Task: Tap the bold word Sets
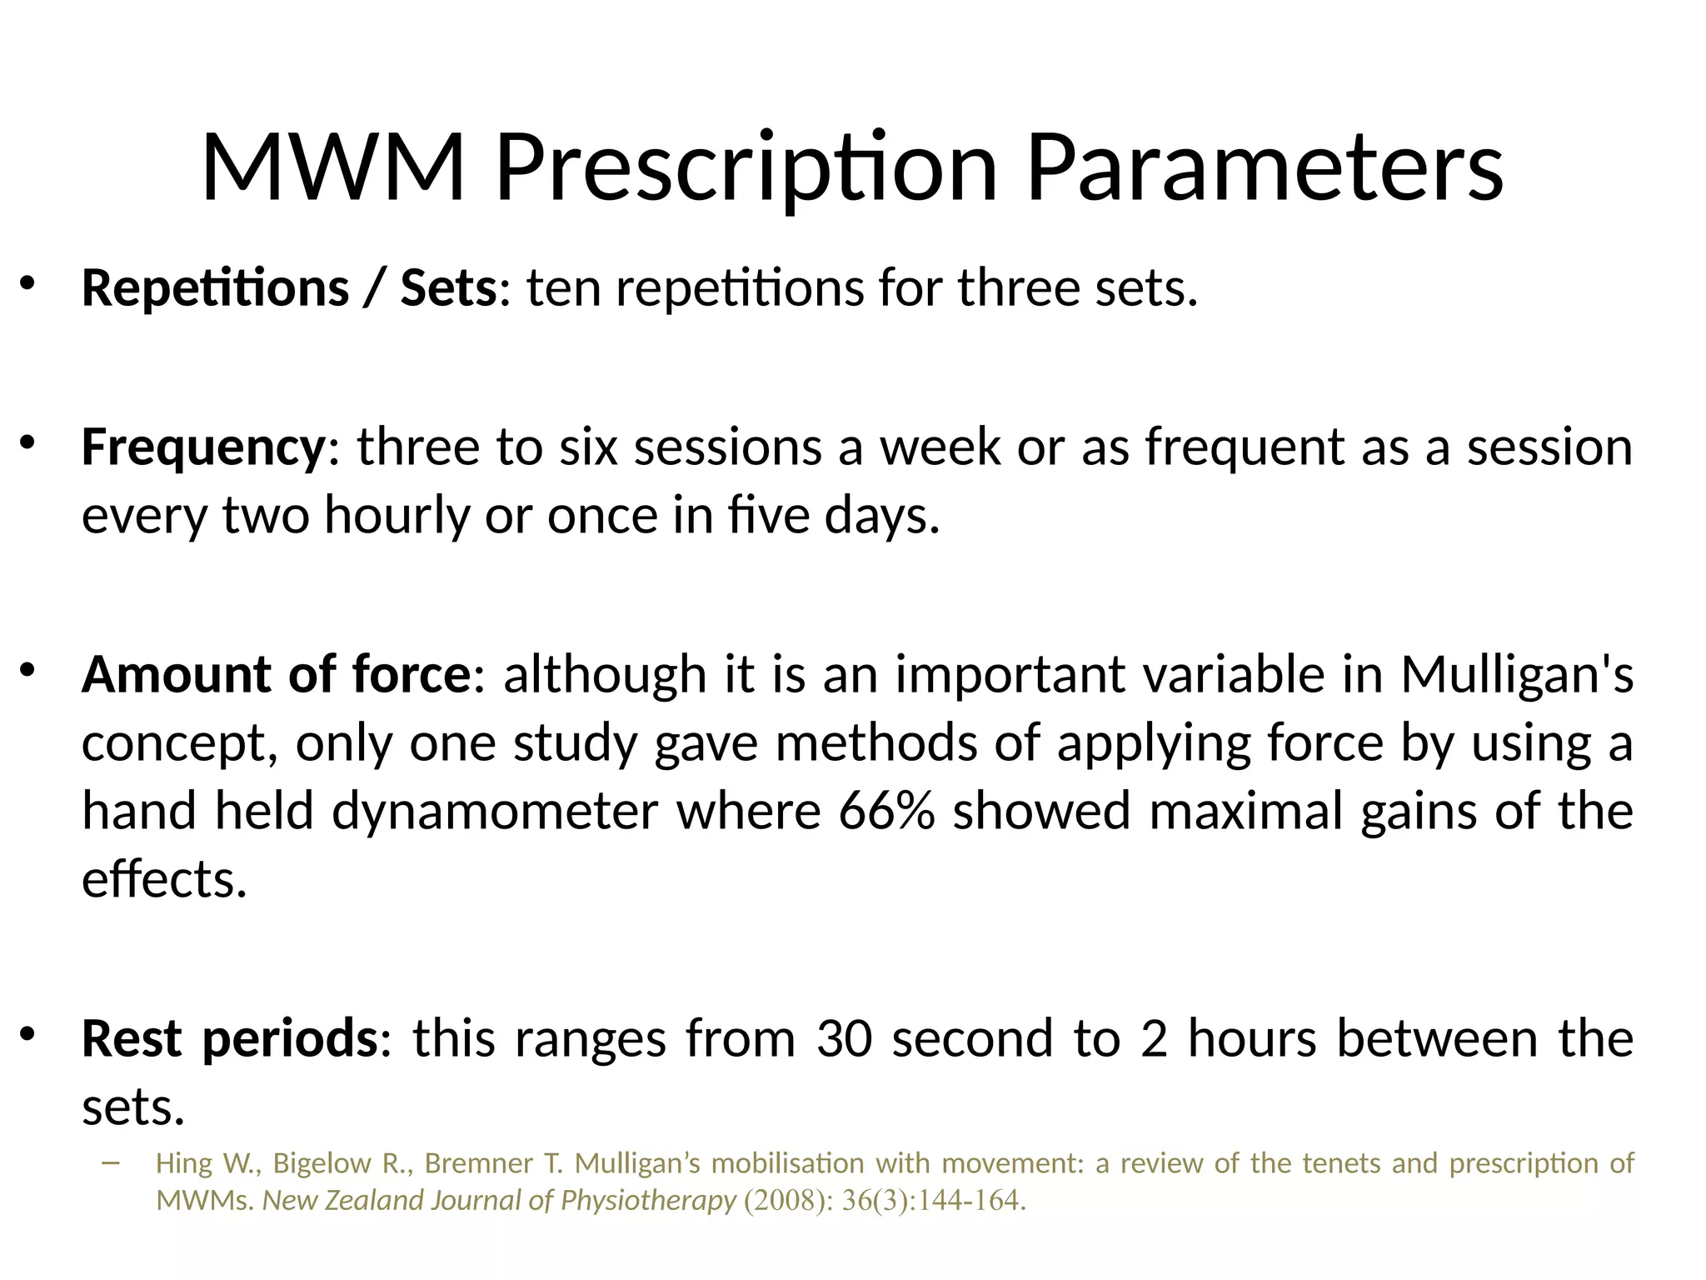(448, 288)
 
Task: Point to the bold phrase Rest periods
(230, 1039)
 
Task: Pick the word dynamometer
(495, 811)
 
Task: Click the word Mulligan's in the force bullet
(1516, 674)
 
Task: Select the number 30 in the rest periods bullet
(844, 1039)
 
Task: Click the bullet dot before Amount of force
(27, 669)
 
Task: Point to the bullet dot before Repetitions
(27, 284)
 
